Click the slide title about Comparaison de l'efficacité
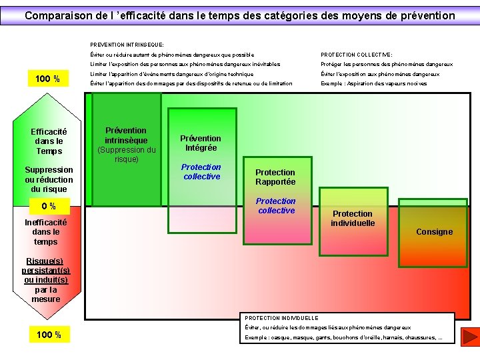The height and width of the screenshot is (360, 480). pyautogui.click(x=240, y=15)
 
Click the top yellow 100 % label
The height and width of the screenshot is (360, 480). pyautogui.click(x=48, y=79)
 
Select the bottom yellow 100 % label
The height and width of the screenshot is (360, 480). pyautogui.click(x=48, y=335)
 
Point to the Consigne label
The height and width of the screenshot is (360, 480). pyautogui.click(x=434, y=232)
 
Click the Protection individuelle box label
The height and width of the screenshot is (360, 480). pyautogui.click(x=353, y=218)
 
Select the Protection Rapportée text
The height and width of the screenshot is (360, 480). pyautogui.click(x=275, y=177)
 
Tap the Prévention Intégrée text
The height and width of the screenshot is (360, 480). pyautogui.click(x=201, y=143)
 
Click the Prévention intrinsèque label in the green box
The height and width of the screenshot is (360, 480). pyautogui.click(x=126, y=135)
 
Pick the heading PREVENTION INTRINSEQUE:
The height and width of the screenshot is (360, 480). pyautogui.click(x=127, y=45)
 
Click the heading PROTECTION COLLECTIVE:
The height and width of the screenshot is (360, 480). pyautogui.click(x=357, y=55)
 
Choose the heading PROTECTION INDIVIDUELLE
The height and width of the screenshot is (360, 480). pyautogui.click(x=282, y=318)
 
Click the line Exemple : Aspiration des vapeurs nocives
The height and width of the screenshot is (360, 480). pyautogui.click(x=373, y=83)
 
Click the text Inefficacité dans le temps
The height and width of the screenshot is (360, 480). pyautogui.click(x=45, y=232)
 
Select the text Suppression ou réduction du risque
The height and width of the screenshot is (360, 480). pyautogui.click(x=49, y=179)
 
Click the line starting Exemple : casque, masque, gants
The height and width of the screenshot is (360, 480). pyautogui.click(x=343, y=337)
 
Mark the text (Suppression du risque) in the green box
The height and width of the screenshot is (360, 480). pyautogui.click(x=126, y=155)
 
